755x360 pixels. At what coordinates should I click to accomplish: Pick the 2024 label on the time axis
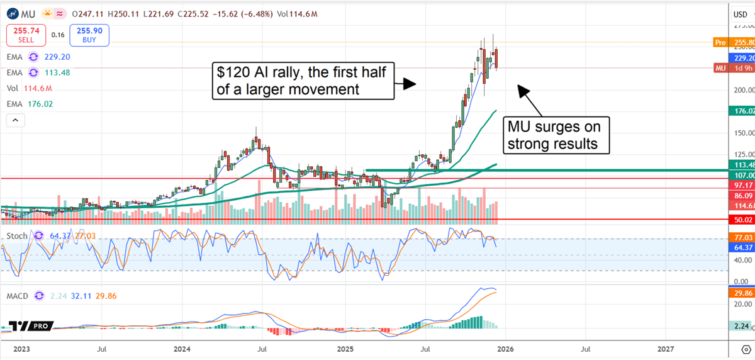pyautogui.click(x=182, y=348)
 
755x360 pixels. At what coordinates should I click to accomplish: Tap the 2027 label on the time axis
pyautogui.click(x=666, y=348)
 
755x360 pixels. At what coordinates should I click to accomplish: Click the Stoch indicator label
pyautogui.click(x=17, y=236)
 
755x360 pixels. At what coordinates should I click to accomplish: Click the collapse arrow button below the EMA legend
pyautogui.click(x=16, y=120)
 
